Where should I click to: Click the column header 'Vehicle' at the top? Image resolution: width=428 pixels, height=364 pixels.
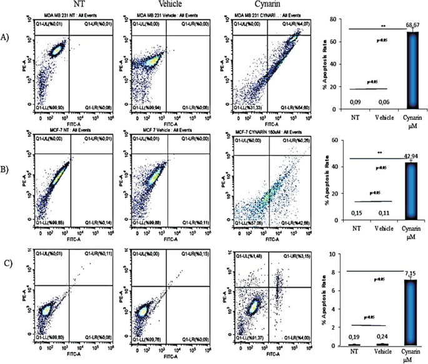[163, 5]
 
